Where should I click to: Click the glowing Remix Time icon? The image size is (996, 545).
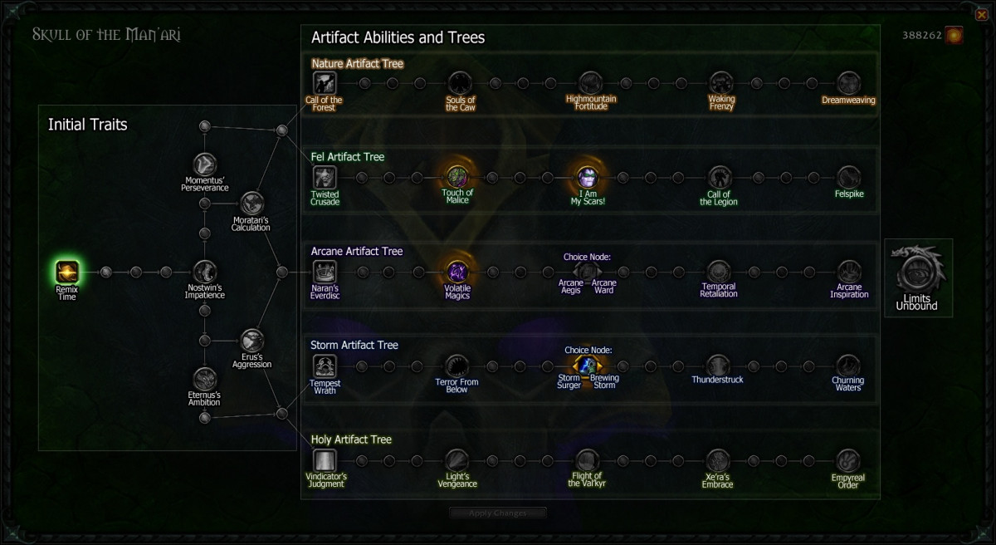[67, 271]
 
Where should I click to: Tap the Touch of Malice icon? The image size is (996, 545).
[457, 177]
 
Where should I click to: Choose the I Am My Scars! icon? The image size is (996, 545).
[588, 177]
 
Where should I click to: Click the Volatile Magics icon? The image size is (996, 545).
[457, 271]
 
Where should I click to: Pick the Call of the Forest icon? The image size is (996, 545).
[324, 83]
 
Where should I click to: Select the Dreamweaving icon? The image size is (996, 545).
[848, 83]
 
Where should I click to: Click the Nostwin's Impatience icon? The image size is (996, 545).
[204, 271]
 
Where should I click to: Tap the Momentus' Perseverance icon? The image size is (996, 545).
[204, 164]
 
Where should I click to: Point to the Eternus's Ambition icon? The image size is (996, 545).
[204, 379]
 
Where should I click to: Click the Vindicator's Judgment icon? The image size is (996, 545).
[325, 460]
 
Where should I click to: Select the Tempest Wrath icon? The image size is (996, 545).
[325, 366]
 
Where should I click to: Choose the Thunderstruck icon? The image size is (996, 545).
[717, 366]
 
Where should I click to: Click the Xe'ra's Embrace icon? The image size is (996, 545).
[717, 460]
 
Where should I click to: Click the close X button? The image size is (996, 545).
[982, 14]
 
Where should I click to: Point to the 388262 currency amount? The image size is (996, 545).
[921, 36]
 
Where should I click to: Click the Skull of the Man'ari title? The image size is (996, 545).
[106, 34]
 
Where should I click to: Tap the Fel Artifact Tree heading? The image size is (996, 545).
[348, 156]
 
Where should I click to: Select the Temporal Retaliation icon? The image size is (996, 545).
[718, 271]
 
